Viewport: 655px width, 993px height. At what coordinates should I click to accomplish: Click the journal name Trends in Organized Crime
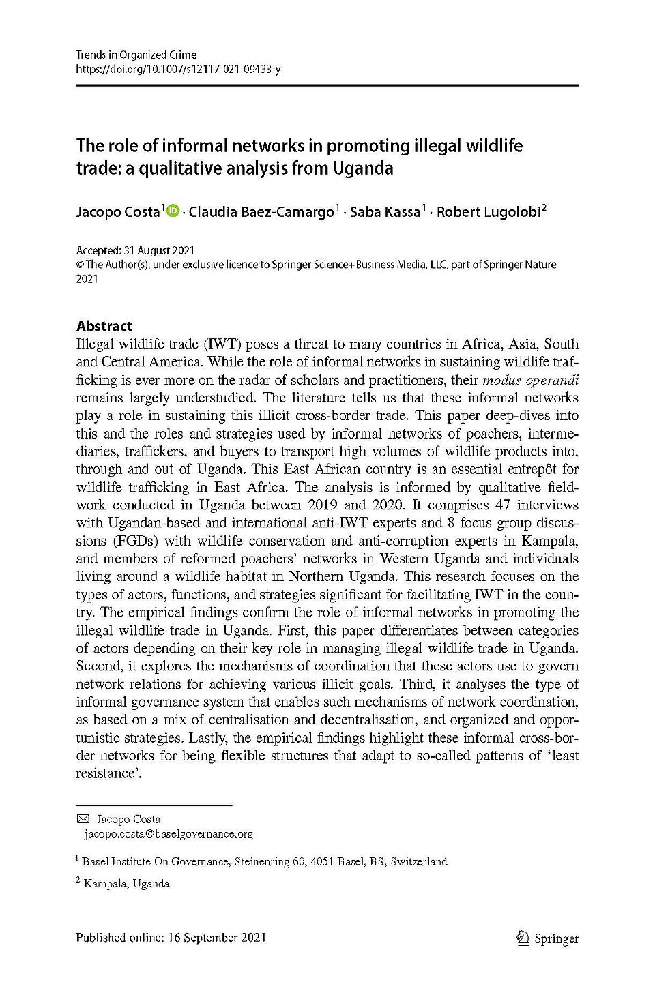point(136,55)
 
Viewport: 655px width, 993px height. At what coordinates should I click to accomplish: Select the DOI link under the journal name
point(178,68)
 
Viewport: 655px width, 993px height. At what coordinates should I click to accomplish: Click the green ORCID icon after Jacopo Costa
point(171,211)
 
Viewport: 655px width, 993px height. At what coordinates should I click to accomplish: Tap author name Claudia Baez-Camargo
point(260,212)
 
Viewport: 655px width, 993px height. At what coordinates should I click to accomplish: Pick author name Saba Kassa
point(386,212)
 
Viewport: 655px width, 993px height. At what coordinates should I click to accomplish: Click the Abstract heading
point(104,325)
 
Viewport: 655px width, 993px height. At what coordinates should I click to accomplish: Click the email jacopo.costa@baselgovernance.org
point(168,833)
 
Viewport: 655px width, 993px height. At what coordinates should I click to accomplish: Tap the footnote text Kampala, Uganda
point(126,884)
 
